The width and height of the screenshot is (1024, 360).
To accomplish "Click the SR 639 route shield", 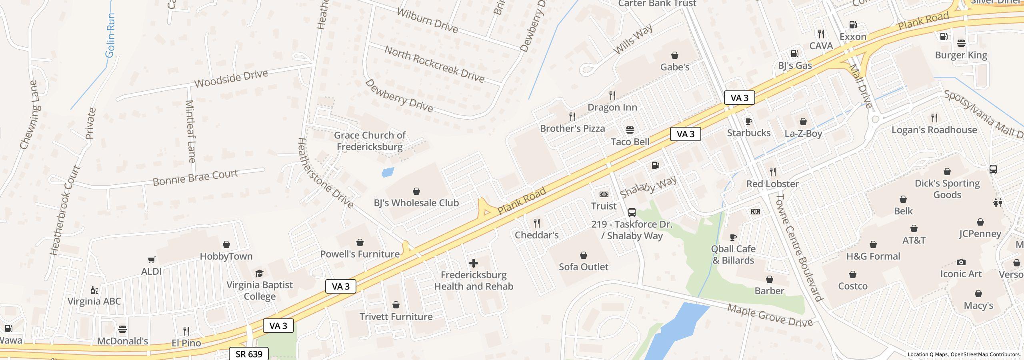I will (x=249, y=354).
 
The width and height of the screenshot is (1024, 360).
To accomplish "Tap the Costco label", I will (x=852, y=286).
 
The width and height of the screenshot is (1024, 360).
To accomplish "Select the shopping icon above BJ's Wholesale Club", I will (x=416, y=191).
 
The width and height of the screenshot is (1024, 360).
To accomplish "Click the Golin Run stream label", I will (x=110, y=35).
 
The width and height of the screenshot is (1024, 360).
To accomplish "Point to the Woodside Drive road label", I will (x=231, y=79).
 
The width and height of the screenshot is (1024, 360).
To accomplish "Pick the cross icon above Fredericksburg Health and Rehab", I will (x=474, y=263).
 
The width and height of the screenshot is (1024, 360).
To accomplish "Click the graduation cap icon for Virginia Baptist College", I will (x=259, y=274).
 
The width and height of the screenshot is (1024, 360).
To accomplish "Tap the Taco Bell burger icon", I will (x=630, y=130).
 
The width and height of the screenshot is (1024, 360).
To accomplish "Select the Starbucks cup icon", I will (x=748, y=121).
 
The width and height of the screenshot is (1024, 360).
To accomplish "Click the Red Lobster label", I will (x=772, y=184).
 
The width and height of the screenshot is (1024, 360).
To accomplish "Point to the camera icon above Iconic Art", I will (x=961, y=262).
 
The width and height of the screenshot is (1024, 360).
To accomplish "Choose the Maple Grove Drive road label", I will (x=770, y=316).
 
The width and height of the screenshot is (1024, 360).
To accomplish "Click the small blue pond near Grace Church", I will (x=388, y=172).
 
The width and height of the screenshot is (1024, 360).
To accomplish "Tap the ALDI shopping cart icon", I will (x=151, y=260).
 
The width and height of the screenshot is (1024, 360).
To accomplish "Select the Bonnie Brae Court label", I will (x=195, y=177).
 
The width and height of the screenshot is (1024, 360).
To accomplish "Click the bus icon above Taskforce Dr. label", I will (x=632, y=212).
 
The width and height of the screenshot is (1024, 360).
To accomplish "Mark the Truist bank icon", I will (x=604, y=194).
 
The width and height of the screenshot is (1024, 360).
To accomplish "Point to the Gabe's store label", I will (x=674, y=67).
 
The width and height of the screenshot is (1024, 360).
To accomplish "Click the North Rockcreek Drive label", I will (x=434, y=64).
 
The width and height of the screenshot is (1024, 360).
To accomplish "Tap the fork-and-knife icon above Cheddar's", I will (x=536, y=223).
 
